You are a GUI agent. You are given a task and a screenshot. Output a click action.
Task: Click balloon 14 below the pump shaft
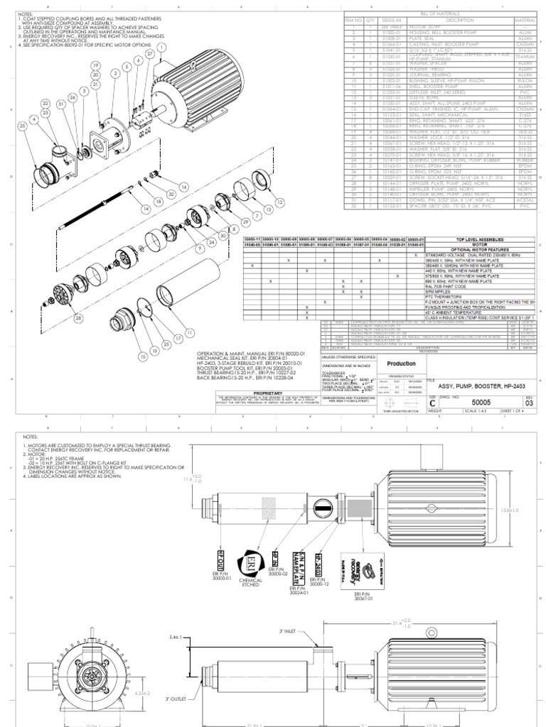click(x=147, y=209)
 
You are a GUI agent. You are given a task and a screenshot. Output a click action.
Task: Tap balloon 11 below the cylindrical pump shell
click(x=189, y=332)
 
